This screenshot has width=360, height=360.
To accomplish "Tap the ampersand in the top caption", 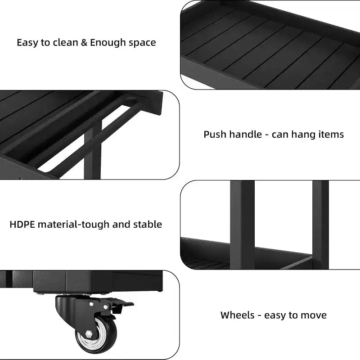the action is coord(84,42).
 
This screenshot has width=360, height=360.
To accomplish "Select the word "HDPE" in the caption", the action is coord(22,224).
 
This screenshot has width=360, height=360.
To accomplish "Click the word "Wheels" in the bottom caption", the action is coord(238,315).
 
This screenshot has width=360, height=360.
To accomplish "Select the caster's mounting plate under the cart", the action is coord(72,293).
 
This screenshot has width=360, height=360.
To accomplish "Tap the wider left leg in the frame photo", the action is coord(242,225).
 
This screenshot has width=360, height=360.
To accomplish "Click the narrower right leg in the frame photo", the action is coord(320,225).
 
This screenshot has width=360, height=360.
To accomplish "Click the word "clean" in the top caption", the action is coord(65,43).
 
